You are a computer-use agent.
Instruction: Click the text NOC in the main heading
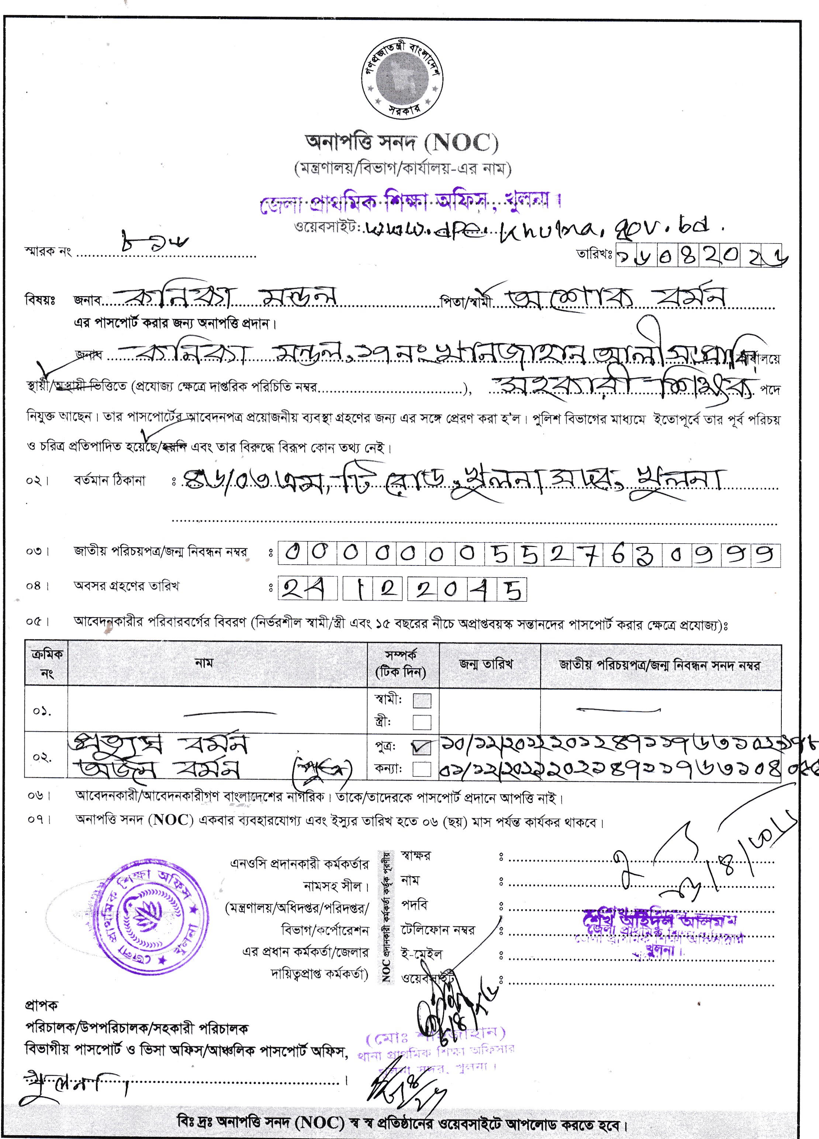[461, 143]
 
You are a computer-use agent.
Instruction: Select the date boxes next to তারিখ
[698, 257]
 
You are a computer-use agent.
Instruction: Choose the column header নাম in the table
[204, 663]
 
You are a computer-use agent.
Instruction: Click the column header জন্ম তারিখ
[485, 664]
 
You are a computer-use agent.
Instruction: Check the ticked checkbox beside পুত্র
[422, 748]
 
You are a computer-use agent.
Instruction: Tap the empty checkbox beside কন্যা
[422, 769]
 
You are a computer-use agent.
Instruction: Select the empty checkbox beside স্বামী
[422, 700]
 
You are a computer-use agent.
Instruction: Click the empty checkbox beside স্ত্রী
[422, 722]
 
